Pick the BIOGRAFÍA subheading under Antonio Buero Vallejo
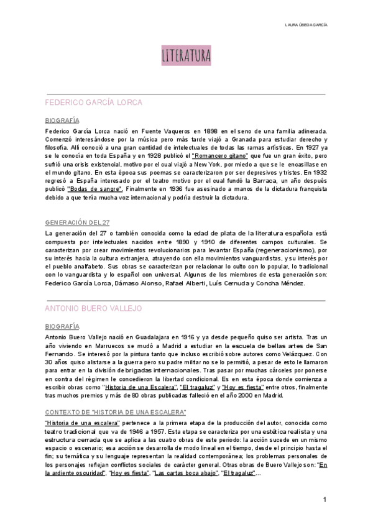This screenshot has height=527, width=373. [62, 325]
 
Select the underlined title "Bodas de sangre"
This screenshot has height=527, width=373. [95, 188]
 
